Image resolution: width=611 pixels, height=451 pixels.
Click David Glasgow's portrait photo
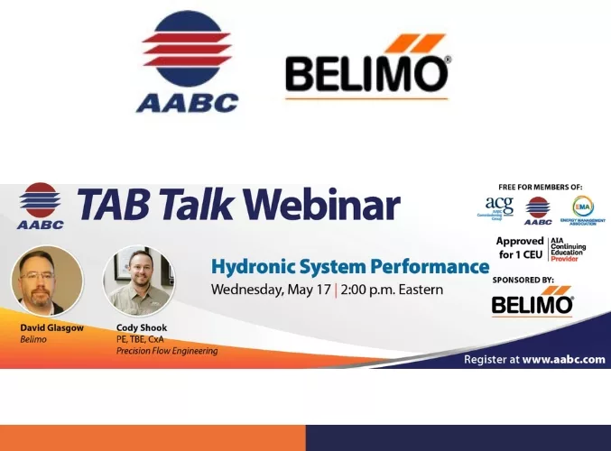pyautogui.click(x=46, y=281)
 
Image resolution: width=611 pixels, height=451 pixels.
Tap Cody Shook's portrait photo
pyautogui.click(x=138, y=281)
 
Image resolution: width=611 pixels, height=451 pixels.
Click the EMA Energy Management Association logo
pyautogui.click(x=583, y=211)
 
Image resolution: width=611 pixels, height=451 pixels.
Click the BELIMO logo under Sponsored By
pyautogui.click(x=532, y=303)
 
